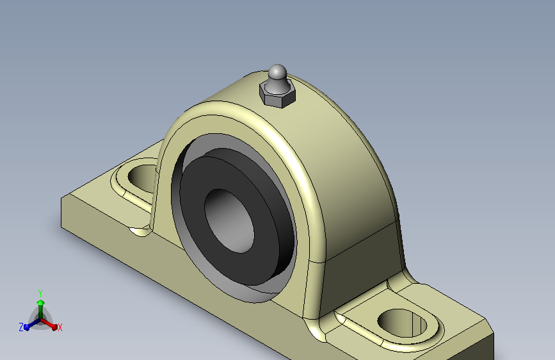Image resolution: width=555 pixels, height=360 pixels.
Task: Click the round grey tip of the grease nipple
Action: coord(277,72)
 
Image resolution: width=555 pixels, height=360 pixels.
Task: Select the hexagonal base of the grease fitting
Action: coord(277,97)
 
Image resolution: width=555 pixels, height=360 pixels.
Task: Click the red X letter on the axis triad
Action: coord(60,328)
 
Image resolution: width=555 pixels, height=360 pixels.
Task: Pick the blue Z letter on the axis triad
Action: coord(21,327)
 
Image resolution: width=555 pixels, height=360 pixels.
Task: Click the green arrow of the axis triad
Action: coord(40,304)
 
